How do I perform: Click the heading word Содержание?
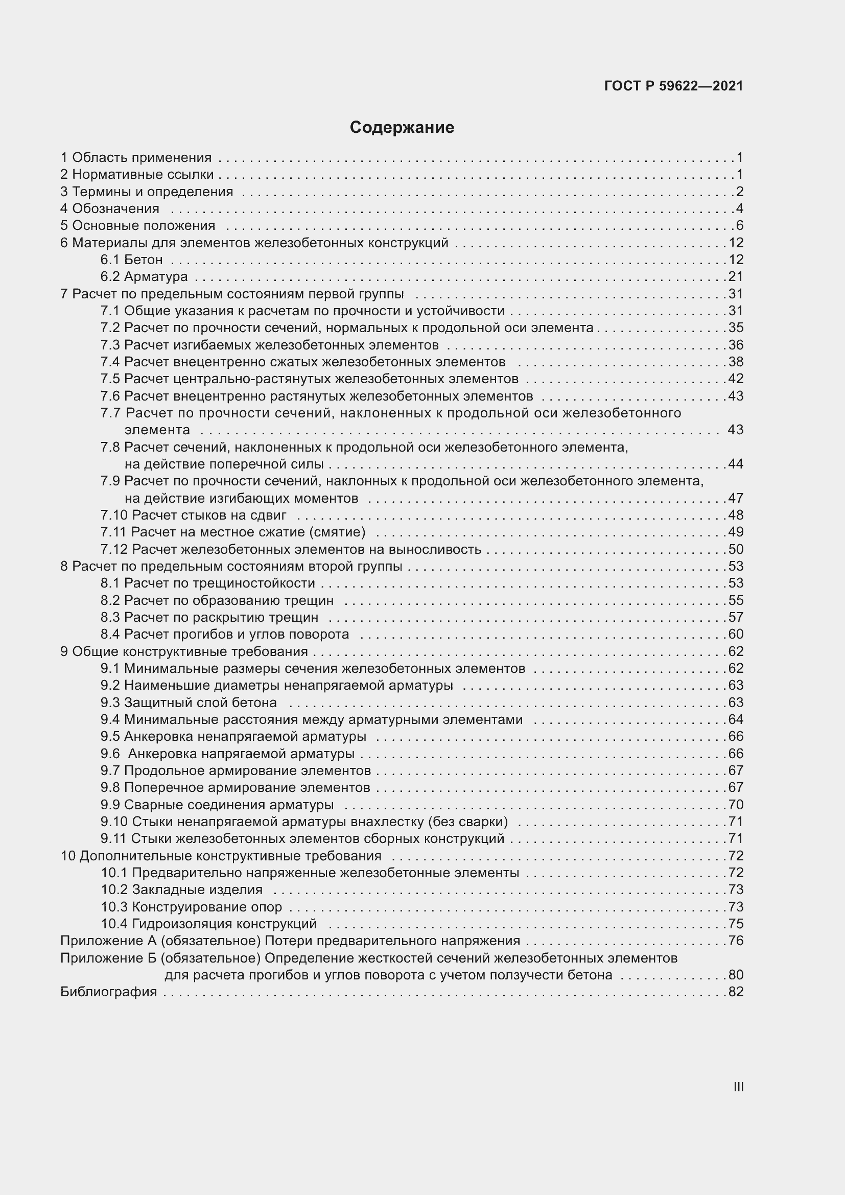(x=402, y=128)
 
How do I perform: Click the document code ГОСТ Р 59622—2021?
(x=673, y=86)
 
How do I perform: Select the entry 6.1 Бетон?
(x=132, y=260)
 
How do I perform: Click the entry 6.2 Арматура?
(x=144, y=276)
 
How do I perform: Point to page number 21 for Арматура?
(x=736, y=276)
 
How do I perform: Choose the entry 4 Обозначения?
(x=110, y=209)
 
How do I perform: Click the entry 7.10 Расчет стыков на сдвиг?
(x=194, y=516)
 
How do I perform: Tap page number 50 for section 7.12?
(x=736, y=549)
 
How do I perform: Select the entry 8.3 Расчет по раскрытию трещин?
(x=209, y=617)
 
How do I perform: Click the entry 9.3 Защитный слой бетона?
(x=189, y=702)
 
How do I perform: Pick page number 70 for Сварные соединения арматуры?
(x=736, y=805)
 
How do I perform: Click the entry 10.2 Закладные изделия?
(x=181, y=889)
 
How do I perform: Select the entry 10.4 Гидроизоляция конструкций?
(x=208, y=924)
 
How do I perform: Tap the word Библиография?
(x=109, y=992)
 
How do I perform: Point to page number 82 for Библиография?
(x=736, y=992)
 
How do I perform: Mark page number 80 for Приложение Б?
(x=736, y=974)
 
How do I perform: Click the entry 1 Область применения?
(x=136, y=158)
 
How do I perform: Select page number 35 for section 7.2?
(x=736, y=327)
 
